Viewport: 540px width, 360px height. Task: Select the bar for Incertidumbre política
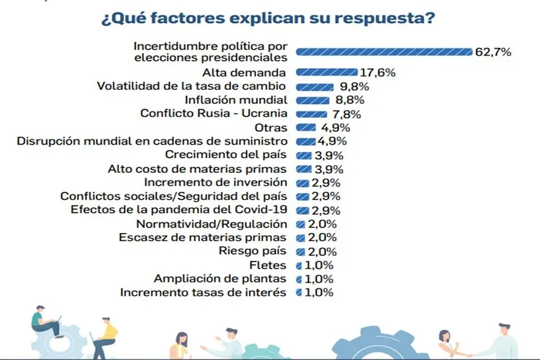click(383, 51)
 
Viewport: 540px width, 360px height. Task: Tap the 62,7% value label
click(493, 51)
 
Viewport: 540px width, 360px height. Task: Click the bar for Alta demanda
click(326, 72)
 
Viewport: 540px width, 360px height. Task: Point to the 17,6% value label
click(377, 72)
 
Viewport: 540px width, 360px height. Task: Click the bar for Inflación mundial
click(313, 101)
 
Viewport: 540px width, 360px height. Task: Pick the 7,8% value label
click(346, 114)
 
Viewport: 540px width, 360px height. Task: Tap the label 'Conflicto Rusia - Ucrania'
click(214, 113)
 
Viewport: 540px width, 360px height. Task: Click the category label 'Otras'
click(273, 128)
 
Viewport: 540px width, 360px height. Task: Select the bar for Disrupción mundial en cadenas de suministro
click(306, 141)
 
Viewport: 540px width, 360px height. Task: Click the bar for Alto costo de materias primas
click(304, 169)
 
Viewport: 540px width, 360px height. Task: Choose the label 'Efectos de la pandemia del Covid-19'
click(180, 210)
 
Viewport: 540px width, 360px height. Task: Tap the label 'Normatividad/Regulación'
click(212, 224)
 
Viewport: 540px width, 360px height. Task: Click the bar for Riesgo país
click(300, 251)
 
